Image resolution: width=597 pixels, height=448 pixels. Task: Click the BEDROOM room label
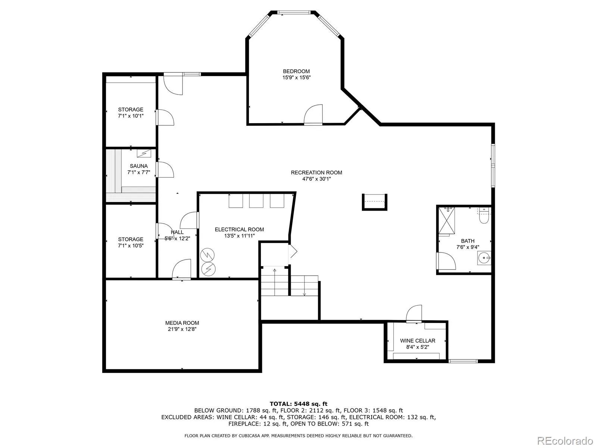[296, 71]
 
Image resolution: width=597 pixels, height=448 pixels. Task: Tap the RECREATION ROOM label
[316, 172]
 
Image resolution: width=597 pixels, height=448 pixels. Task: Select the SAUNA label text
[139, 166]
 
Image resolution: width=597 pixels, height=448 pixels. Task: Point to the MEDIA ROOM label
[182, 323]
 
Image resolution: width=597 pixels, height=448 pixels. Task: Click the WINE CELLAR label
[418, 340]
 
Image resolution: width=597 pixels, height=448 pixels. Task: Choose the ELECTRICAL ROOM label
[239, 229]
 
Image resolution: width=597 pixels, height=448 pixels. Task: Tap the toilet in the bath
[484, 215]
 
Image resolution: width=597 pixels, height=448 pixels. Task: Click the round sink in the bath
[484, 258]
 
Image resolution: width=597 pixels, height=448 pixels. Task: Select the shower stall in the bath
[446, 220]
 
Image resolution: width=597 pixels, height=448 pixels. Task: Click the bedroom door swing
[313, 114]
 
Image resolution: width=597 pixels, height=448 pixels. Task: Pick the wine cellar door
[414, 313]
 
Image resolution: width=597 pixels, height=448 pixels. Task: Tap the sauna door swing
[165, 170]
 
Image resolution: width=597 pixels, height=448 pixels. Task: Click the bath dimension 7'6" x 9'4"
[468, 247]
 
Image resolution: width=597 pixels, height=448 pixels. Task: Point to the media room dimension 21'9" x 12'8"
[182, 329]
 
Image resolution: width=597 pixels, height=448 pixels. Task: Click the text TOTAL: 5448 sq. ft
[298, 404]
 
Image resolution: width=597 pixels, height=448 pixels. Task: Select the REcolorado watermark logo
[565, 441]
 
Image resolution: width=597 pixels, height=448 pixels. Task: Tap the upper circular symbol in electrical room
[207, 255]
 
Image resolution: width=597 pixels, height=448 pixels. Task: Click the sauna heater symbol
[144, 153]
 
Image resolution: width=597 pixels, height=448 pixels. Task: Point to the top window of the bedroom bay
[294, 12]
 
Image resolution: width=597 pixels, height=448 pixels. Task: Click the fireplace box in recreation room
[374, 202]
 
